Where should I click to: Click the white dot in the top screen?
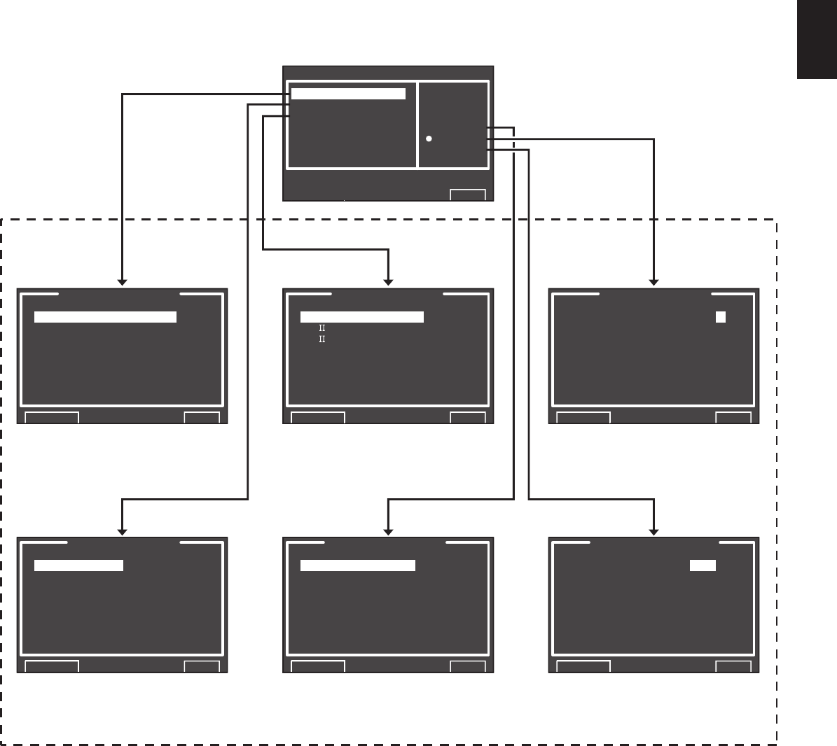tap(429, 139)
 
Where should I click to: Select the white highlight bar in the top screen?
tap(348, 94)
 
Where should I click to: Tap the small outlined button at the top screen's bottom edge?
tap(468, 195)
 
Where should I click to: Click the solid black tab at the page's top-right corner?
tap(817, 39)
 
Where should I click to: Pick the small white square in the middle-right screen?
tap(721, 317)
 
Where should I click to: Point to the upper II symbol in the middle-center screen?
tap(322, 328)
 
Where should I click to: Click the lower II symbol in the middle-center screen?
tap(322, 339)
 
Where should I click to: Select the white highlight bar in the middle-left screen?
tap(105, 317)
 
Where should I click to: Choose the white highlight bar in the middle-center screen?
tap(362, 317)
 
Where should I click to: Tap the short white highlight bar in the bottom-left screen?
tap(78, 565)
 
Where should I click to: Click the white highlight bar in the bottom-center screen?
tap(358, 565)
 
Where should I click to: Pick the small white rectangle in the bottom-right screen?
tap(703, 565)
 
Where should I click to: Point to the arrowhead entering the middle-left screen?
tap(122, 282)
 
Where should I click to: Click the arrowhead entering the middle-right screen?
tap(653, 282)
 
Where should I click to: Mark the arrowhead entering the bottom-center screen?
tap(388, 532)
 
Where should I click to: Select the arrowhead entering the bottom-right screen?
tap(653, 532)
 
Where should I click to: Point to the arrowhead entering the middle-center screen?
tap(388, 282)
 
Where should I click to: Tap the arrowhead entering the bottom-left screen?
tap(122, 532)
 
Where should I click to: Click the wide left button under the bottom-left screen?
tap(52, 666)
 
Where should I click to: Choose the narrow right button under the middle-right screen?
tap(733, 418)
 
